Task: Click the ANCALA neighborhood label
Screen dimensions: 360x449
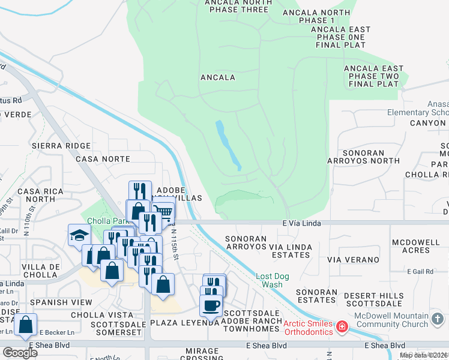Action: [x=217, y=77]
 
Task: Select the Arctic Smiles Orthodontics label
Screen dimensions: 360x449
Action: [x=308, y=328]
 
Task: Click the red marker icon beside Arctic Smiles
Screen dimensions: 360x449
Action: [x=342, y=327]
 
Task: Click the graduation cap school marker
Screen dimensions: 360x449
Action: [x=79, y=235]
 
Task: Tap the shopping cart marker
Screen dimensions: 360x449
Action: [x=163, y=212]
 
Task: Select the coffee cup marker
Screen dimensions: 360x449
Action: [x=211, y=305]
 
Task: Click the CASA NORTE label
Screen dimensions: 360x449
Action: [x=103, y=159]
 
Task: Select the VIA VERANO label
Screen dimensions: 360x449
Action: [x=353, y=260]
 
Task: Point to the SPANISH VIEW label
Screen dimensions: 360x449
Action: [x=55, y=302]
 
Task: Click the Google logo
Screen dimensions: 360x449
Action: [x=20, y=352]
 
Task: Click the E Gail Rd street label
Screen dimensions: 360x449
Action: [x=420, y=272]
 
